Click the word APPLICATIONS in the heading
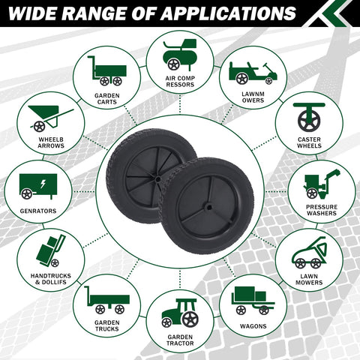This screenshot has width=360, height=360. [x=228, y=13]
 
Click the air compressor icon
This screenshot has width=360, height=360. [x=180, y=55]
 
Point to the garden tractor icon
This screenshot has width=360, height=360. [x=180, y=313]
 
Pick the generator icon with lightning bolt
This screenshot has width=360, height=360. [x=38, y=187]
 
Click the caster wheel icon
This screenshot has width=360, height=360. [x=309, y=117]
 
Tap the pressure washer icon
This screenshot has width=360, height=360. [x=322, y=184]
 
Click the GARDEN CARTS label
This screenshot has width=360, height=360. [x=107, y=99]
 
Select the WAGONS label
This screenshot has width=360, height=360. [x=253, y=326]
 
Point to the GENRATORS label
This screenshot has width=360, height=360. [x=38, y=211]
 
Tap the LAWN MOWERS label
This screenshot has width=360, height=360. [x=309, y=280]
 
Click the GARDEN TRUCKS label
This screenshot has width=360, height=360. [x=107, y=325]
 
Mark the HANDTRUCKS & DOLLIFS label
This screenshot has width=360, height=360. [x=51, y=279]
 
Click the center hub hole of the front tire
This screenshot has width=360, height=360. [x=208, y=207]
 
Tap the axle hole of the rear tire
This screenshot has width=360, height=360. [x=157, y=179]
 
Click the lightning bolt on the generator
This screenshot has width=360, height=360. [x=43, y=184]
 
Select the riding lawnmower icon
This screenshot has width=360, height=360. [x=253, y=73]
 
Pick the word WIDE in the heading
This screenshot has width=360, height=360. [x=34, y=13]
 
